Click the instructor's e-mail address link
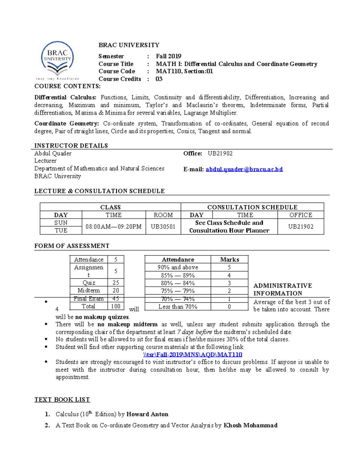[x=244, y=169]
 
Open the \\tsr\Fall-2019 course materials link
[x=192, y=355]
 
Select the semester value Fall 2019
[x=168, y=56]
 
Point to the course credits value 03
[x=159, y=79]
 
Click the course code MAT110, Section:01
[x=184, y=71]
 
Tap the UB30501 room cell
[x=163, y=227]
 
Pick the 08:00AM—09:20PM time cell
[x=113, y=227]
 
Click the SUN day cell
[x=61, y=223]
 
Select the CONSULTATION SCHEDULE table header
[x=252, y=207]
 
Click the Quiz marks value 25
[x=116, y=283]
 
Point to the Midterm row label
[x=89, y=290]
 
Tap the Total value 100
[x=116, y=306]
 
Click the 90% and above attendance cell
[x=178, y=267]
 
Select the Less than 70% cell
[x=178, y=307]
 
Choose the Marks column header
[x=229, y=260]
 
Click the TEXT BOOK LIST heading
[x=62, y=399]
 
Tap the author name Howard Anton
[x=147, y=414]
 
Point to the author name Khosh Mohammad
[x=250, y=425]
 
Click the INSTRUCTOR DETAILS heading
[x=71, y=146]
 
